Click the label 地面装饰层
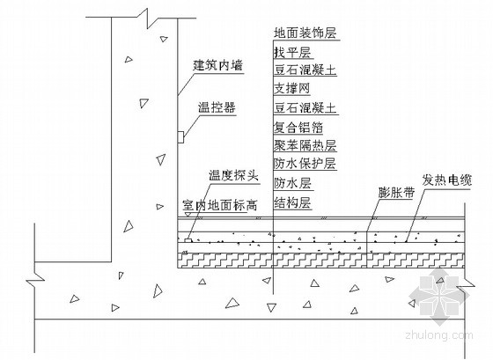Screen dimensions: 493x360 click(x=305, y=33)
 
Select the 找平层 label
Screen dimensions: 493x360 click(x=292, y=52)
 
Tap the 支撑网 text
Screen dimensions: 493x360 click(x=292, y=89)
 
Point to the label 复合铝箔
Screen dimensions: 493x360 click(x=298, y=128)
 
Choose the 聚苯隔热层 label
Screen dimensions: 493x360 click(x=305, y=145)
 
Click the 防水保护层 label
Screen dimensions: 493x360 click(x=305, y=164)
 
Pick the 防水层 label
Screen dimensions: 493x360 click(x=292, y=183)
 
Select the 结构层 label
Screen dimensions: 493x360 click(x=292, y=203)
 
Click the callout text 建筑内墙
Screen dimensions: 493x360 click(x=218, y=66)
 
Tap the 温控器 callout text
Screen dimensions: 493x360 click(x=217, y=107)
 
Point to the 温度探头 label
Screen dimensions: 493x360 click(x=233, y=175)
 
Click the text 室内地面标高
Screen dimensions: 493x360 click(x=220, y=206)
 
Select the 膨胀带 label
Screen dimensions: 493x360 click(x=396, y=192)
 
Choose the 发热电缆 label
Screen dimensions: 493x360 click(x=447, y=180)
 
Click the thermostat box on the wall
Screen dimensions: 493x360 click(x=180, y=137)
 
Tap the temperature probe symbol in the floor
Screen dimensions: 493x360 click(x=188, y=240)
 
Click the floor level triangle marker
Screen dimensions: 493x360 click(x=188, y=215)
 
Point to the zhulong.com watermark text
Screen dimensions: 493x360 click(x=439, y=335)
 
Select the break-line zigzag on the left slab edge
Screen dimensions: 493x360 click(x=35, y=279)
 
